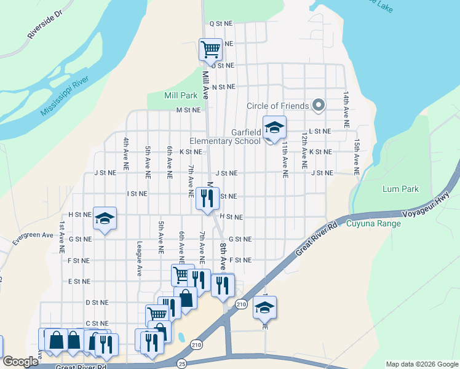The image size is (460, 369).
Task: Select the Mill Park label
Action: tap(181, 95)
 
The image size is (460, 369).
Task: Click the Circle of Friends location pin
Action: tap(319, 106)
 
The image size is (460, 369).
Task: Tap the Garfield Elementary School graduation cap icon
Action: tap(274, 128)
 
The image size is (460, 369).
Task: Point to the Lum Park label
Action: tap(400, 189)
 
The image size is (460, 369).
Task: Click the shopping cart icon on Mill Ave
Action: tap(210, 49)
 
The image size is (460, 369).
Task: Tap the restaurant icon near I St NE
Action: tap(206, 197)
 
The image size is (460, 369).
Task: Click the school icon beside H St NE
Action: tap(105, 218)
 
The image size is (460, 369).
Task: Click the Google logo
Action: tap(21, 362)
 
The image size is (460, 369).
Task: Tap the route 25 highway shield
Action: tap(182, 364)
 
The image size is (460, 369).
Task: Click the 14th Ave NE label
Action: tap(346, 109)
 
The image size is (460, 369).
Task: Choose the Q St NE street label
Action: tap(221, 23)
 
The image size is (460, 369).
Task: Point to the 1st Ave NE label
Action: tap(62, 237)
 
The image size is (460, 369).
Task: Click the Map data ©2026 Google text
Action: tap(421, 364)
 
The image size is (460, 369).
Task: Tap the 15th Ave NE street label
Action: tap(356, 153)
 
